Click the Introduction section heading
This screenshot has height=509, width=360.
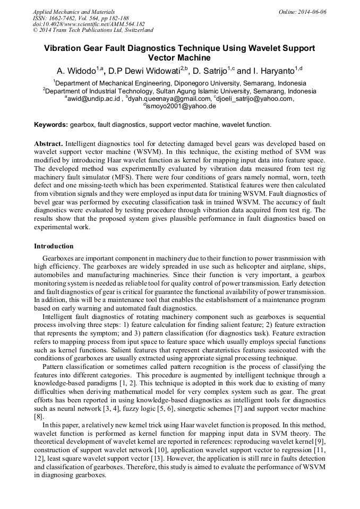click(x=54, y=246)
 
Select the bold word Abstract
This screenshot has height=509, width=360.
click(x=48, y=144)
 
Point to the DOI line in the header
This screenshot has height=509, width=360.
click(x=89, y=24)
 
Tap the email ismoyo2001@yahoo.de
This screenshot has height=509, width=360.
click(x=181, y=106)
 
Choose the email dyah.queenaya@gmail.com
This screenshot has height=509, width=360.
click(x=170, y=99)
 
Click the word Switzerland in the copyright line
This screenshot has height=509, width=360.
click(x=134, y=30)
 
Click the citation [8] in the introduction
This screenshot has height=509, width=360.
click(x=39, y=417)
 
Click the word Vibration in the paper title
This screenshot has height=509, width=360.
click(x=64, y=48)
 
